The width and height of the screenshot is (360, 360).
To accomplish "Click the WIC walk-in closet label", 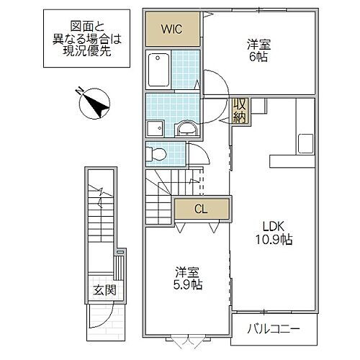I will (171, 30).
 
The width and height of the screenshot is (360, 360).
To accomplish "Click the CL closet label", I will (202, 210).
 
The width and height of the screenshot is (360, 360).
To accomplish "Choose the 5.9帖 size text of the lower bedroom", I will (188, 284).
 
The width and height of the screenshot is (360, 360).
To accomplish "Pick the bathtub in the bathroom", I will (159, 71).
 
